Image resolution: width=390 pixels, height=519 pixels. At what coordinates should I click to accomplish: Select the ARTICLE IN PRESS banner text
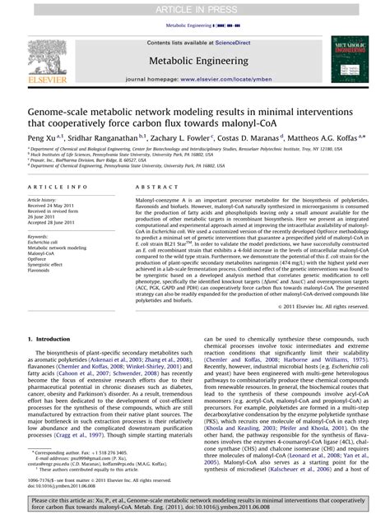[194, 7]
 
